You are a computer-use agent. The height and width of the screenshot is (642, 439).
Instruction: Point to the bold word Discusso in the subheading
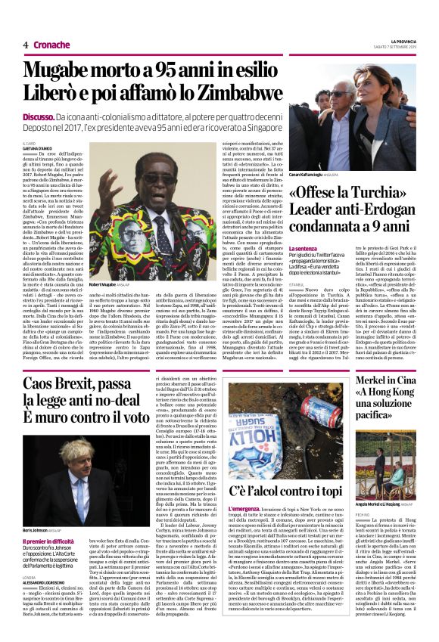[x=38, y=118]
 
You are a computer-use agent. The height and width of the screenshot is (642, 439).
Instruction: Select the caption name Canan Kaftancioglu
[x=307, y=173]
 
